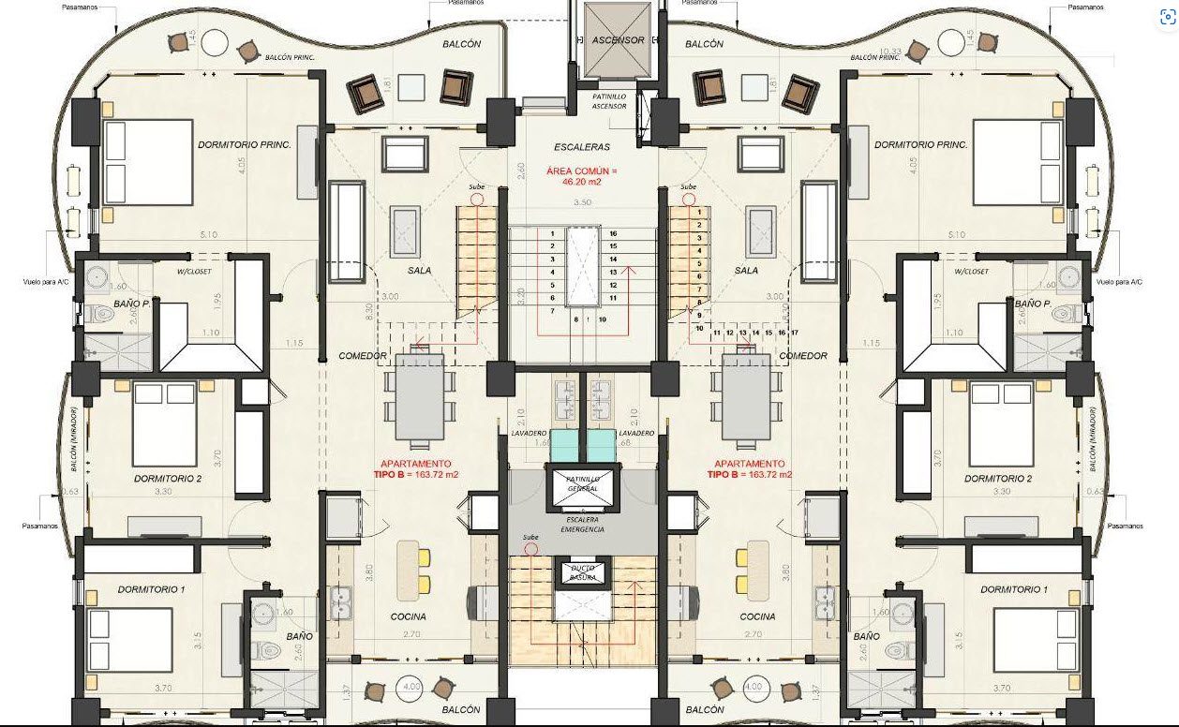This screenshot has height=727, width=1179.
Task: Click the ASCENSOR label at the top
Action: [x=617, y=40]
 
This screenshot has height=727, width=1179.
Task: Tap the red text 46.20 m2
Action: [x=581, y=182]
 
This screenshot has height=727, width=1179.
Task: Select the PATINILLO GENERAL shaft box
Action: [x=581, y=483]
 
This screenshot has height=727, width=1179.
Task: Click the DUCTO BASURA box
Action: [x=582, y=572]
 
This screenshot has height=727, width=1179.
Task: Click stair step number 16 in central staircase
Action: [x=613, y=233]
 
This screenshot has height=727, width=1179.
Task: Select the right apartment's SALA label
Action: [x=746, y=270]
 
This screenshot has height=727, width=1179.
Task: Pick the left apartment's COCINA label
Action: [x=408, y=616]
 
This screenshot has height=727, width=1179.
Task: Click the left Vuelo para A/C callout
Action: [x=41, y=281]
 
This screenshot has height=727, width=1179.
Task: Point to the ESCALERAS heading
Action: [x=581, y=147]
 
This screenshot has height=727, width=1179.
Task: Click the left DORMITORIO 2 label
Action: [x=168, y=478]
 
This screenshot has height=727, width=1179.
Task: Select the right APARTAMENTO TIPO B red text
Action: [x=750, y=468]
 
